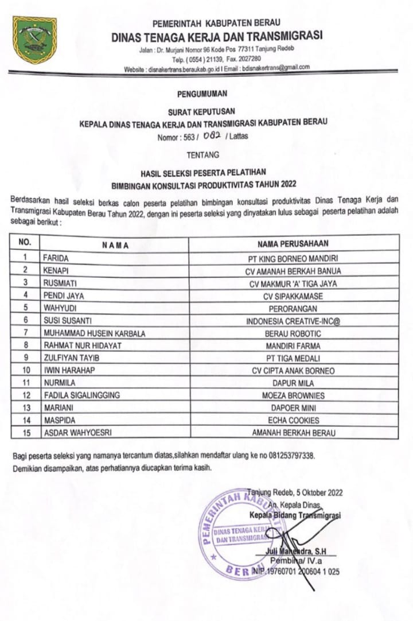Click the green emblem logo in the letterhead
tap(34, 40)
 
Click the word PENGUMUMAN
tap(202, 93)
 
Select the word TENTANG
tap(202, 154)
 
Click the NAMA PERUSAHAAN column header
tap(293, 243)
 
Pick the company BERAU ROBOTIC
tap(293, 333)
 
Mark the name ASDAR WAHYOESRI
tap(76, 433)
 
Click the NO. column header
tap(25, 242)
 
